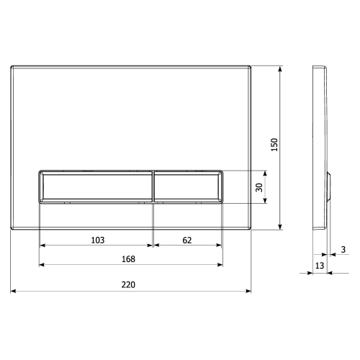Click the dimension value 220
pos(129,284)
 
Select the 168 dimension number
pos(129,258)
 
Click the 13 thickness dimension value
pos(319,266)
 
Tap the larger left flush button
pos(95,188)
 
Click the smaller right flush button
pos(187,188)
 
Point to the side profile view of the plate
pos(320,144)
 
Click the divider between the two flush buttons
pos(153,188)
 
